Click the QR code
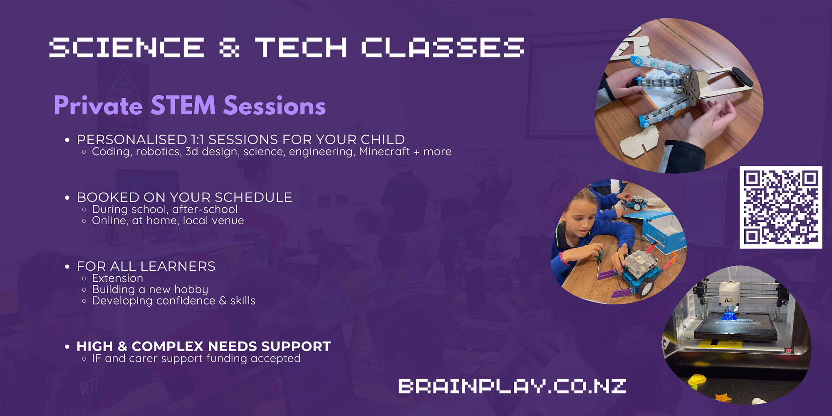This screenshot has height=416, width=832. pos(781,207)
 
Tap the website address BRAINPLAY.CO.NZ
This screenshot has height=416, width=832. pos(512,386)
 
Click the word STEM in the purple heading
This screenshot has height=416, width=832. pos(183,105)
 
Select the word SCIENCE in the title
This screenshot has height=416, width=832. pos(126,47)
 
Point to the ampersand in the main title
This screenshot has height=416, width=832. pos(229,47)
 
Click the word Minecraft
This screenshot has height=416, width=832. pos(384,151)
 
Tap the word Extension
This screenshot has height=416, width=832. pos(117,278)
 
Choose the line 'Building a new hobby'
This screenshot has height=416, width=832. pos(150,290)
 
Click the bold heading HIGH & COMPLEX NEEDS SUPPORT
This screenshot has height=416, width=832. pos(203,346)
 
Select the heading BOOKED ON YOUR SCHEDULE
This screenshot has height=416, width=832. pos(184,197)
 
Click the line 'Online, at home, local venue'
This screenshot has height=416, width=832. pos(168,220)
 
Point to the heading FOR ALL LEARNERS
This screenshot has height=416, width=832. pos(146,266)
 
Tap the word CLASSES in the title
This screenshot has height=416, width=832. pos(443,47)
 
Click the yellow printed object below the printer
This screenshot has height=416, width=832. pos(697,380)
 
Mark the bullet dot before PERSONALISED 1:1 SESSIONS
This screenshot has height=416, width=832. pos(67,140)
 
